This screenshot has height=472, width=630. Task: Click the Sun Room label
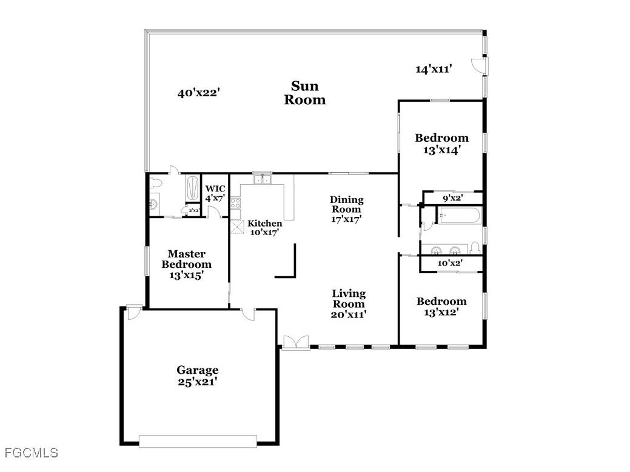pyautogui.click(x=305, y=93)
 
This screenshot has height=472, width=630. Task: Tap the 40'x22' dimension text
pyautogui.click(x=198, y=93)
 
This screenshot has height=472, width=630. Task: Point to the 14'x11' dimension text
pyautogui.click(x=434, y=69)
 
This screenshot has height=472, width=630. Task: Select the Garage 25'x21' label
pyautogui.click(x=198, y=376)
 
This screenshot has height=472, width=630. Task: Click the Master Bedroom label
pyautogui.click(x=186, y=264)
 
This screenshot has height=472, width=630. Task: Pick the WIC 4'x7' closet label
pyautogui.click(x=215, y=193)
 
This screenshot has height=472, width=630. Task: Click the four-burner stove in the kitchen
pyautogui.click(x=235, y=204)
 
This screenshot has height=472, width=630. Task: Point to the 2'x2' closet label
pyautogui.click(x=194, y=210)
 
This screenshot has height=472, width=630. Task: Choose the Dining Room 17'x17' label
pyautogui.click(x=347, y=209)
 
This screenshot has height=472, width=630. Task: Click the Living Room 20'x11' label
pyautogui.click(x=348, y=304)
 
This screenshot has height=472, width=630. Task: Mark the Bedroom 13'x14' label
pyautogui.click(x=441, y=144)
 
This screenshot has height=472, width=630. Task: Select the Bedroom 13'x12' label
pyautogui.click(x=441, y=307)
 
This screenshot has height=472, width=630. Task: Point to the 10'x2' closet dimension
pyautogui.click(x=450, y=263)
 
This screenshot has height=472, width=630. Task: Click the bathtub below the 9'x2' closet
pyautogui.click(x=459, y=215)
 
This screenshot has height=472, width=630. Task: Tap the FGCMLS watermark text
pyautogui.click(x=32, y=453)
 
